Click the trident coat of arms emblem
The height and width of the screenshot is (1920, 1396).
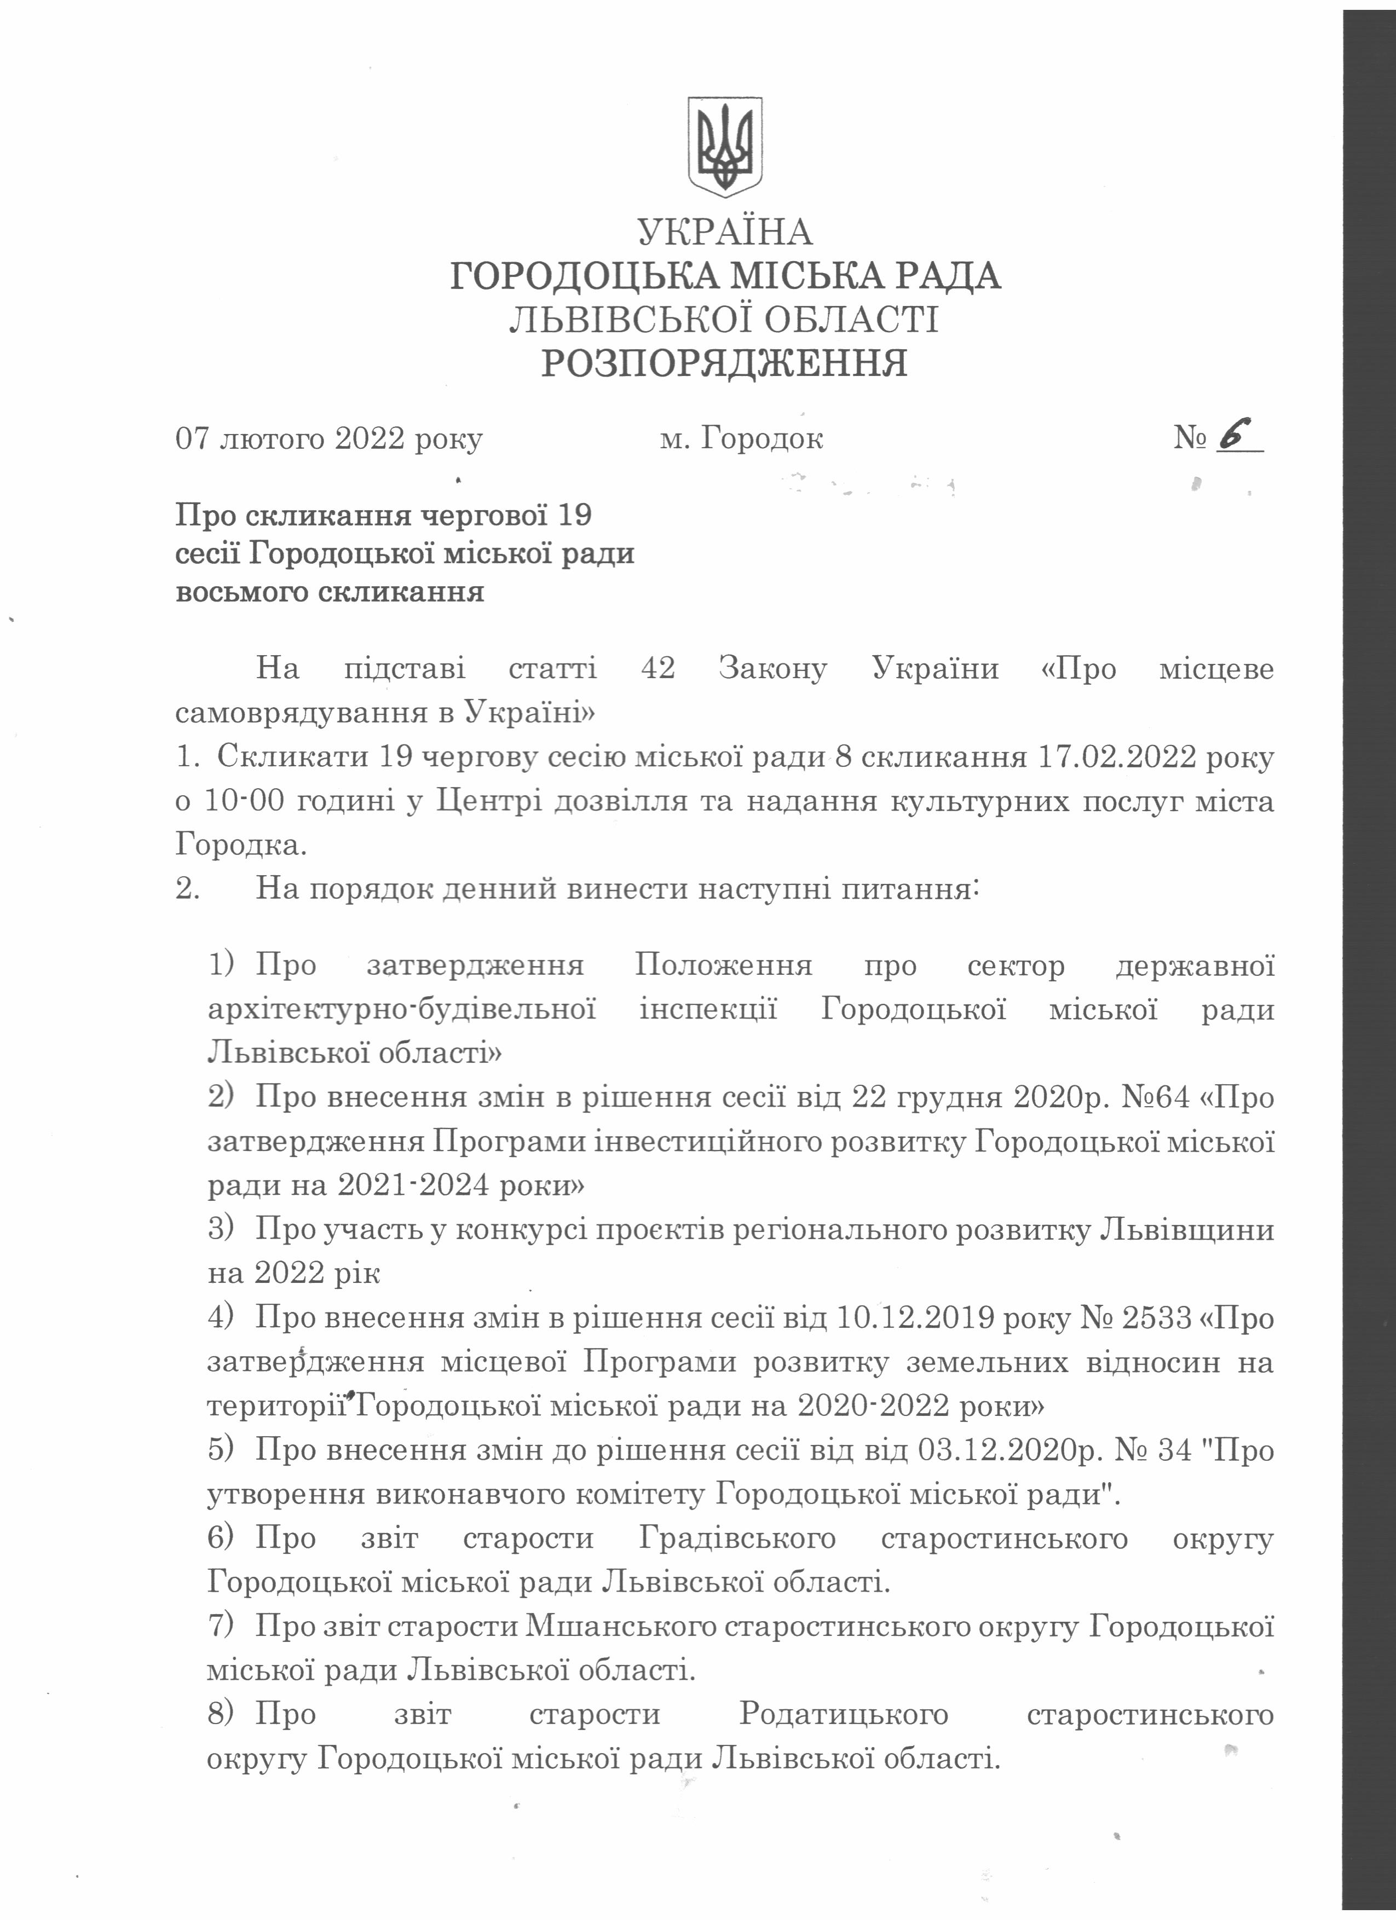[x=724, y=147]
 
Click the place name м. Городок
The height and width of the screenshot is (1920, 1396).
[x=741, y=438]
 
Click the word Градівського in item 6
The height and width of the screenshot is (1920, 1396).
[x=736, y=1537]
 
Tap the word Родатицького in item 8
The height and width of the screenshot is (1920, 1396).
[x=843, y=1714]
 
